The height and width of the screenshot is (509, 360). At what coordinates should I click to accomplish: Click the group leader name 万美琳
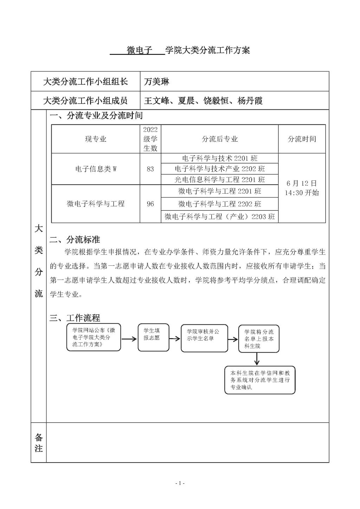[156, 82]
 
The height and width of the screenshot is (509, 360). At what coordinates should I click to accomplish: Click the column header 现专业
[96, 139]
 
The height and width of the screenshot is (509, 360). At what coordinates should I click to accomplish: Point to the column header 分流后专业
[220, 139]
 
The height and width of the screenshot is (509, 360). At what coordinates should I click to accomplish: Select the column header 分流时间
[302, 139]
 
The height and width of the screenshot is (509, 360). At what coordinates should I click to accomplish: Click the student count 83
[150, 169]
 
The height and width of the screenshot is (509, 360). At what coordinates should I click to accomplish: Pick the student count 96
[150, 204]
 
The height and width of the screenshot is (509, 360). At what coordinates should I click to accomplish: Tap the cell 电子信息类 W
[96, 169]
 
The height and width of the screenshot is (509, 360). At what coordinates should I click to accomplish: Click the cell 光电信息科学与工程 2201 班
[220, 180]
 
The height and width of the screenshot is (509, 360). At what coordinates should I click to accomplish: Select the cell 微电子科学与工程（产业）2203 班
[220, 217]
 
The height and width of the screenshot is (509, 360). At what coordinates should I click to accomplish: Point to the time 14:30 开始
[302, 193]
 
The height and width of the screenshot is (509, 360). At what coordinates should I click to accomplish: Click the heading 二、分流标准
[75, 240]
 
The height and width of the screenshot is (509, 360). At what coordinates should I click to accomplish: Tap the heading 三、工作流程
[75, 318]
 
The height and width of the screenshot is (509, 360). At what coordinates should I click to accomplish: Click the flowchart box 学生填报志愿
[153, 337]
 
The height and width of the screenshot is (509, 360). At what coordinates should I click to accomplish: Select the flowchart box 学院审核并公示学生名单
[204, 338]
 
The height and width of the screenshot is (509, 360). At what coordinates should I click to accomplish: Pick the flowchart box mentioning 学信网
[260, 380]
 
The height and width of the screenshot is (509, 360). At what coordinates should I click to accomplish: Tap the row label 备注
[39, 443]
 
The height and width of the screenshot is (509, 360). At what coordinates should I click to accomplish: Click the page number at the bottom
[180, 483]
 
